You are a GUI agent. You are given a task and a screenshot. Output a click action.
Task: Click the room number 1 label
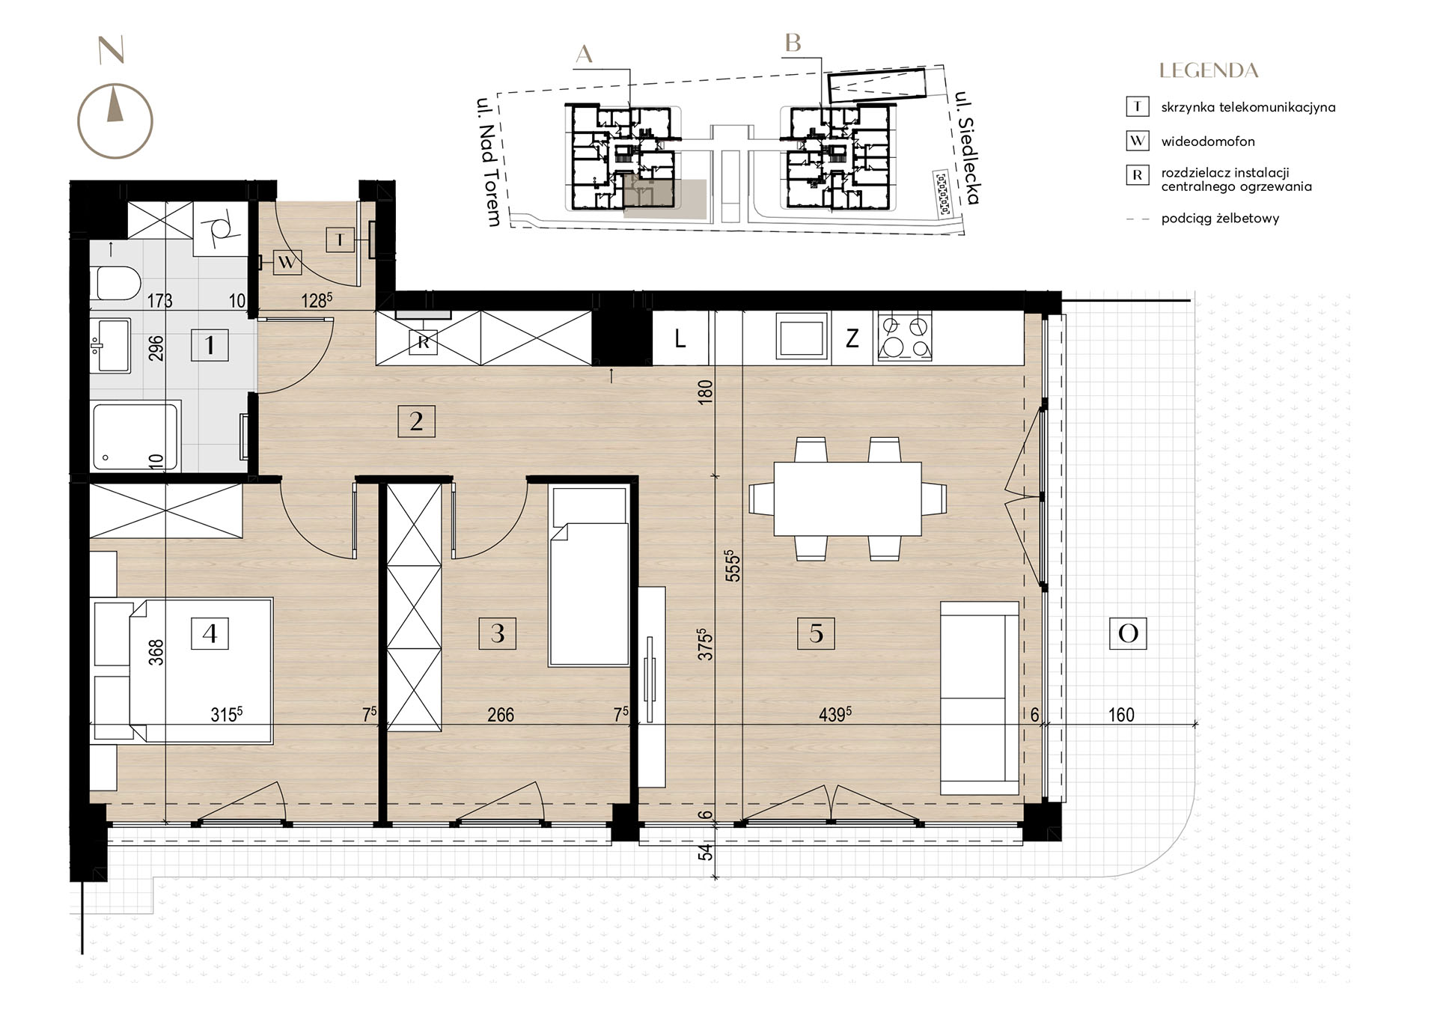(210, 345)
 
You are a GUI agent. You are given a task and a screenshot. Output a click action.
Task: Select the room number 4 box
(210, 633)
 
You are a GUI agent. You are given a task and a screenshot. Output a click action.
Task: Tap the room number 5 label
(816, 633)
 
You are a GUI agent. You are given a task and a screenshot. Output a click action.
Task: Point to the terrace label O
(1128, 633)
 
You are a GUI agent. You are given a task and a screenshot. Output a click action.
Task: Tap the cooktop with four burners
(904, 338)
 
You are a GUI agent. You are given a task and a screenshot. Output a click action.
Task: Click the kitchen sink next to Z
(802, 338)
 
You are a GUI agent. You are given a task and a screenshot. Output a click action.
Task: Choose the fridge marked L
(680, 338)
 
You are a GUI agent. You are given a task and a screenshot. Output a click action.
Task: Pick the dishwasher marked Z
(852, 338)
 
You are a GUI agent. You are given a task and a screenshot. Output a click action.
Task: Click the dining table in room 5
(847, 499)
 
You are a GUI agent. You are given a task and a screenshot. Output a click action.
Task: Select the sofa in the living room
(980, 698)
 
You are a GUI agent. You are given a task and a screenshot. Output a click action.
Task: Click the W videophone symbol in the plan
(287, 263)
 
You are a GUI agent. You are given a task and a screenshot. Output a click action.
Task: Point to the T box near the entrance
(340, 240)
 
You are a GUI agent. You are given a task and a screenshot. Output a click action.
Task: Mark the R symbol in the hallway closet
(424, 342)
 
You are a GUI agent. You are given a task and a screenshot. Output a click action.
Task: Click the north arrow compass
(115, 120)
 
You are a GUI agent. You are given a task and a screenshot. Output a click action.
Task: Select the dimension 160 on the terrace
(1120, 714)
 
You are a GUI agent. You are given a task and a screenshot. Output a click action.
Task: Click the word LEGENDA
(1209, 71)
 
